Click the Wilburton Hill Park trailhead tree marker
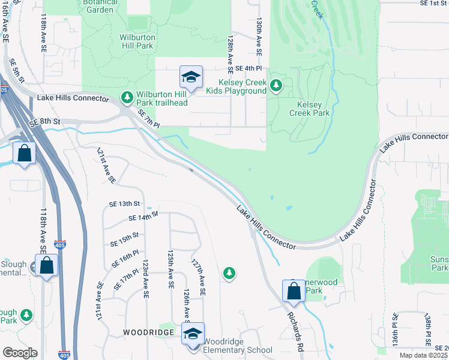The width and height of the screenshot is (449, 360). pos(127,97)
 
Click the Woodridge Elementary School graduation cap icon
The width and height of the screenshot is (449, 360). pos(193,335)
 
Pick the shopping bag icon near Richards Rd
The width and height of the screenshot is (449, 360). pos(294,292)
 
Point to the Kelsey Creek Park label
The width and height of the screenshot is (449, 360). pos(309,108)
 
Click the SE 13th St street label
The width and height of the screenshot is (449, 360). pos(124,204)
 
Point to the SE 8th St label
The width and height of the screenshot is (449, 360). pos(44,121)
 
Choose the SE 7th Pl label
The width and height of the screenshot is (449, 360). pos(148,119)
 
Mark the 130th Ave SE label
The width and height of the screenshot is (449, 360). pos(259,37)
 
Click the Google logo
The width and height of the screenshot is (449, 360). pos(20,352)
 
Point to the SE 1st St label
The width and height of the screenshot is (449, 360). pos(433,4)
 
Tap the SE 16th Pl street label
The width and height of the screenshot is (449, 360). pos(125,260)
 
